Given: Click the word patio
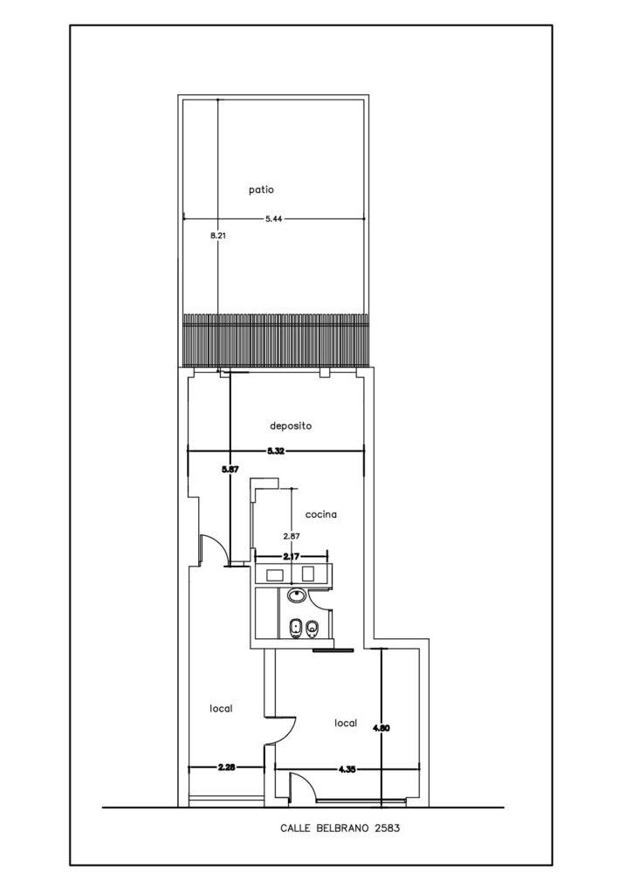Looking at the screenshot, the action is tap(261, 189).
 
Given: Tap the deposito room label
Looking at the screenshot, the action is tap(291, 426).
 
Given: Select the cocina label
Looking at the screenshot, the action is tap(321, 514).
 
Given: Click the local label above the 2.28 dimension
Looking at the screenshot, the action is tap(221, 709).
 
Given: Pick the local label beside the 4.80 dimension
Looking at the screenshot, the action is tap(346, 723).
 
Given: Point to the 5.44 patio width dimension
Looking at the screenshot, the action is tap(274, 217).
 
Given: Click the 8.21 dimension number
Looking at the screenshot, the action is tap(218, 234).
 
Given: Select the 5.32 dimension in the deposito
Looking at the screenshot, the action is tap(276, 451).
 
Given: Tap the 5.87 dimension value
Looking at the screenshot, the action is tap(230, 469).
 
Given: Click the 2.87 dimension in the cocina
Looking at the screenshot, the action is tap(292, 536).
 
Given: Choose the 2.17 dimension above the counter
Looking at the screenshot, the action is tap(292, 556).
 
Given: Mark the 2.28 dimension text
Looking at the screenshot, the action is tap(226, 767).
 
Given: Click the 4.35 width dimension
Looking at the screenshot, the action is tap(347, 768).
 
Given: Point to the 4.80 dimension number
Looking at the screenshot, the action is tap(381, 727).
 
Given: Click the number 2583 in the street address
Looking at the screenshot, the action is tap(387, 829).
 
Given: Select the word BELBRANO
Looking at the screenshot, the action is tap(340, 829).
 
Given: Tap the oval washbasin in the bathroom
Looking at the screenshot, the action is tap(296, 596).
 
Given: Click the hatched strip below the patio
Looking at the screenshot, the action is tap(274, 340).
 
